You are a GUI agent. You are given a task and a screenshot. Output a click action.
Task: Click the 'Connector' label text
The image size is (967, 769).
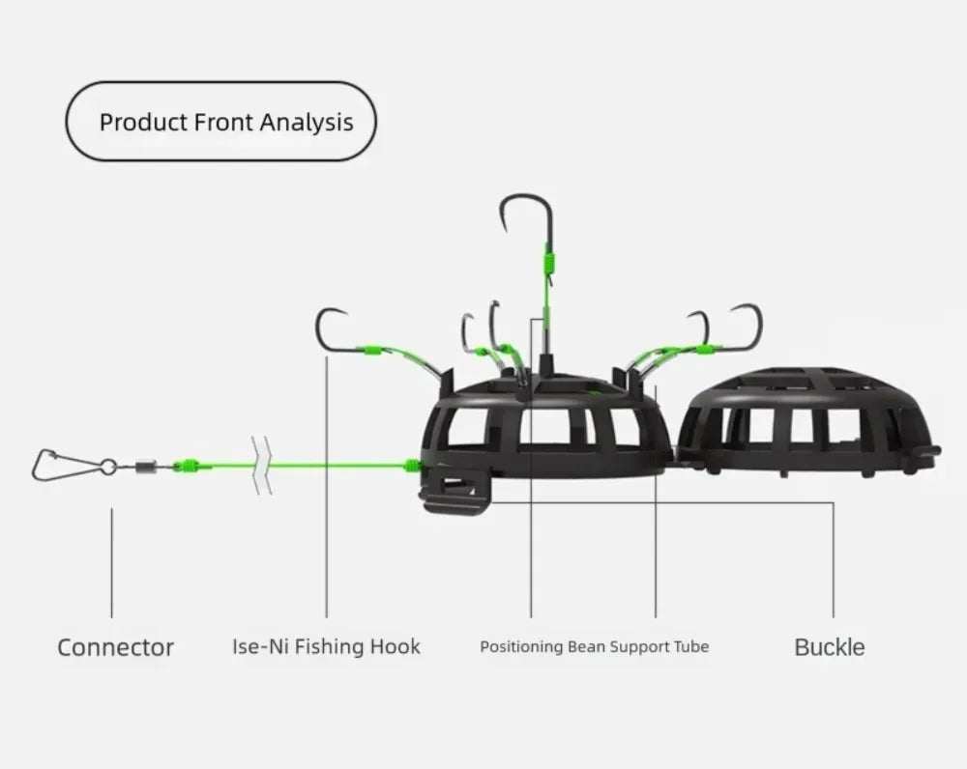click(x=115, y=646)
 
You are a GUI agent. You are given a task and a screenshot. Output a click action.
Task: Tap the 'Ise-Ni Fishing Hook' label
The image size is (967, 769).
click(x=326, y=645)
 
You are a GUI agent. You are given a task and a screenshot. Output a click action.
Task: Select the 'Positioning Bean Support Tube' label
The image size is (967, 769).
click(x=594, y=645)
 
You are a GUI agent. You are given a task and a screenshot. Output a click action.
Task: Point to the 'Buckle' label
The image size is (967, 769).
click(x=829, y=646)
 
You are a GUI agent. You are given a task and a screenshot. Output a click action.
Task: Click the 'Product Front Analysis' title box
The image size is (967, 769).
click(x=220, y=122)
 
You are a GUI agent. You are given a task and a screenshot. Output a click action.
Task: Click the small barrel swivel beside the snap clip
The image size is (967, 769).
click(x=145, y=466)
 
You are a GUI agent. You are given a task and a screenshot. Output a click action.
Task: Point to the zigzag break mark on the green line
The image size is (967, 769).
click(x=261, y=466)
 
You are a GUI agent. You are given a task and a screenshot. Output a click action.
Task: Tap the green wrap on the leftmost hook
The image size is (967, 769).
click(x=371, y=350)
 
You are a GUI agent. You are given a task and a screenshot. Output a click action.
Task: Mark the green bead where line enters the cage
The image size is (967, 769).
click(x=413, y=466)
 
